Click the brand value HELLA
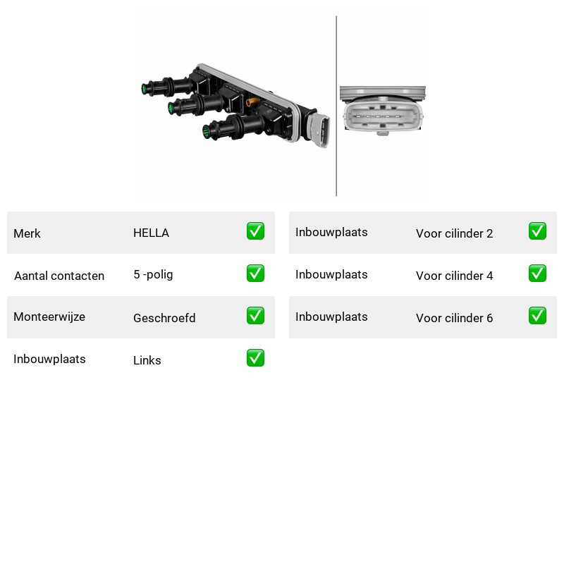[x=151, y=233]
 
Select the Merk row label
[x=27, y=233]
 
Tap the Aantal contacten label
[x=59, y=276]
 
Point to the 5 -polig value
[x=153, y=275]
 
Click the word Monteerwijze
[x=49, y=317]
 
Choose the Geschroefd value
[x=164, y=318]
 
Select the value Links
[x=147, y=360]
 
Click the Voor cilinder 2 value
[x=454, y=233]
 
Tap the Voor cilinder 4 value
[x=454, y=276]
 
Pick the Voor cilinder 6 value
[x=454, y=318]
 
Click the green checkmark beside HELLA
[x=255, y=231]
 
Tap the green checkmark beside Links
[x=255, y=358]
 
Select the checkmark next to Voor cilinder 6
[x=537, y=315]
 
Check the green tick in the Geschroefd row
[x=255, y=315]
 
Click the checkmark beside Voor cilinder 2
[x=537, y=231]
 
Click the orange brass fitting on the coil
[x=252, y=102]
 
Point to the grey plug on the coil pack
[x=320, y=130]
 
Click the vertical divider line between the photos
[x=336, y=106]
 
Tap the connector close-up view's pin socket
[x=383, y=116]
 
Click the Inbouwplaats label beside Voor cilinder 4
[x=331, y=274]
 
